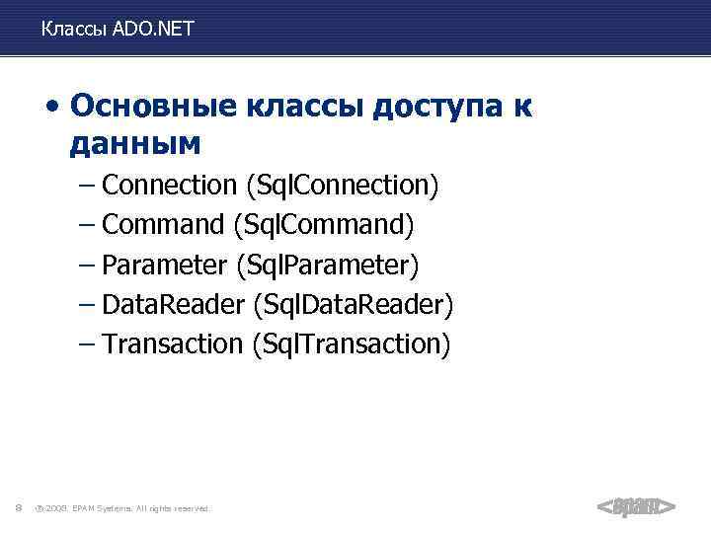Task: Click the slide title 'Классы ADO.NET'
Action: [118, 30]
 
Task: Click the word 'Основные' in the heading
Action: [144, 106]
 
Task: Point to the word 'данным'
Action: [135, 145]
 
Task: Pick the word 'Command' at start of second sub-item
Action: [164, 225]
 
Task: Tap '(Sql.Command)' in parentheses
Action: [324, 226]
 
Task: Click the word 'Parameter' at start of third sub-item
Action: [164, 265]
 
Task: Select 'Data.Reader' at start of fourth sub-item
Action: [173, 305]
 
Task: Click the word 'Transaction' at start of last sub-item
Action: [172, 344]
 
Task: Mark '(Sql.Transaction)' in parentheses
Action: [351, 345]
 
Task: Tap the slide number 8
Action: [19, 508]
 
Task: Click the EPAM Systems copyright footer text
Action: [122, 508]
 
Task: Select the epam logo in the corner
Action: [636, 506]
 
